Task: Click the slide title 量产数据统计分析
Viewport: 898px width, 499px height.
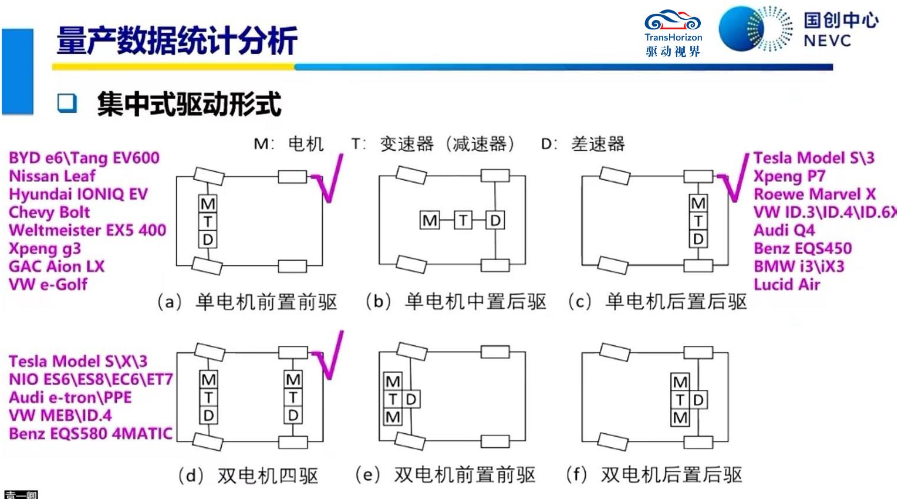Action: click(177, 41)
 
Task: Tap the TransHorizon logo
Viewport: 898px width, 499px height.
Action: click(673, 33)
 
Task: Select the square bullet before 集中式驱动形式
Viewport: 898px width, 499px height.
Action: click(67, 103)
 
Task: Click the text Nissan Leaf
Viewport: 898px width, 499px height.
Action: click(52, 176)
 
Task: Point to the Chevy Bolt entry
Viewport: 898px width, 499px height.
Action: click(49, 212)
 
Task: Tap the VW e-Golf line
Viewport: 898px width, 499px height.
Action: click(48, 285)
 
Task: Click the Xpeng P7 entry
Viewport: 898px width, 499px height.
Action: click(789, 176)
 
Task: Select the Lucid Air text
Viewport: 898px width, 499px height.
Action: click(786, 285)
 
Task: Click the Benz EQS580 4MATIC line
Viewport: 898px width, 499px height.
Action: click(90, 434)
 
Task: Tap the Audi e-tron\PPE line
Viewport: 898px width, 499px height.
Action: click(70, 397)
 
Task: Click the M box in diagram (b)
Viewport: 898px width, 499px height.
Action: click(430, 221)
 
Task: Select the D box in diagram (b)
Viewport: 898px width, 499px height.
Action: click(495, 221)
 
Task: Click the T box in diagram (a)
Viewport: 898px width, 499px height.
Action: click(208, 222)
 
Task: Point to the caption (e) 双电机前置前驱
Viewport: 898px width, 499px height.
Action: click(445, 475)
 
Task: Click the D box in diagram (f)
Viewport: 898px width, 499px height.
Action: click(698, 400)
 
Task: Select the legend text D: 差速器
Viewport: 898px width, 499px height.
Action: click(583, 144)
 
